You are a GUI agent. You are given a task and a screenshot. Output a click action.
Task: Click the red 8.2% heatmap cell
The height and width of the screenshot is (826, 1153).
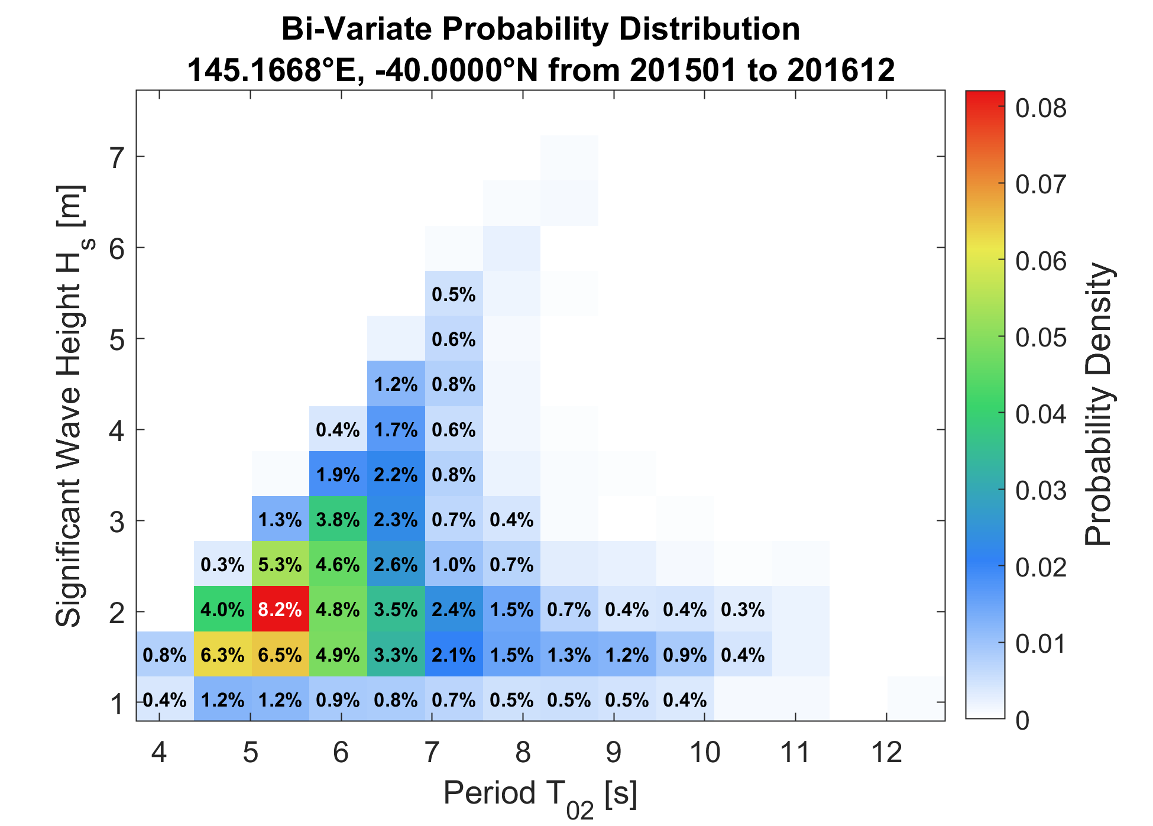280,609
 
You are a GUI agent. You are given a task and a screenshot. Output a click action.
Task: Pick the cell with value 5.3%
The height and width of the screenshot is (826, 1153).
280,564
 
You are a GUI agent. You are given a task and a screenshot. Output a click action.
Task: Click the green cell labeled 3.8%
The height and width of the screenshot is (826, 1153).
338,519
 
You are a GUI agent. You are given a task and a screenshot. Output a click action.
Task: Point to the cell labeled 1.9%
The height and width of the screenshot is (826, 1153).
338,474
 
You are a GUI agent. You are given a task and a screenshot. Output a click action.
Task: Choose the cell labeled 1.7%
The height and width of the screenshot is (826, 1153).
396,429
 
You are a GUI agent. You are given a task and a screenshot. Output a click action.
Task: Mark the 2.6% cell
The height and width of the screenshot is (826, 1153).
396,564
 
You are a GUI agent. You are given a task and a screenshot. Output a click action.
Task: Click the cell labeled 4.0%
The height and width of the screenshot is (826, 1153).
223,609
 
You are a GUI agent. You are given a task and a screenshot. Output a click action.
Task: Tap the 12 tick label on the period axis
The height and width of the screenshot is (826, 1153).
887,753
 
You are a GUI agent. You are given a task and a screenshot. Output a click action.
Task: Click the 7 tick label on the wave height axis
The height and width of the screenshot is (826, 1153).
117,157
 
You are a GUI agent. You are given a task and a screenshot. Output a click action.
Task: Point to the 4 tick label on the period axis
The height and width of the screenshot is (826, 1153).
159,753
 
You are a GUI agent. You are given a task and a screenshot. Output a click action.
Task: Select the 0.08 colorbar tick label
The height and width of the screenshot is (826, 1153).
1041,108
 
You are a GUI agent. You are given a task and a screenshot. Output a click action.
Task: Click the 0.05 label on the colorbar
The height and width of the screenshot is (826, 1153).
1041,338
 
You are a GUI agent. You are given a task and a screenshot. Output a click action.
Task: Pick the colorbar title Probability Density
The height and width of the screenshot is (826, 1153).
1099,405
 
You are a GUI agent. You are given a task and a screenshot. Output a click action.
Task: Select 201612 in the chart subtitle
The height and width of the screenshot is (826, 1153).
841,70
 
